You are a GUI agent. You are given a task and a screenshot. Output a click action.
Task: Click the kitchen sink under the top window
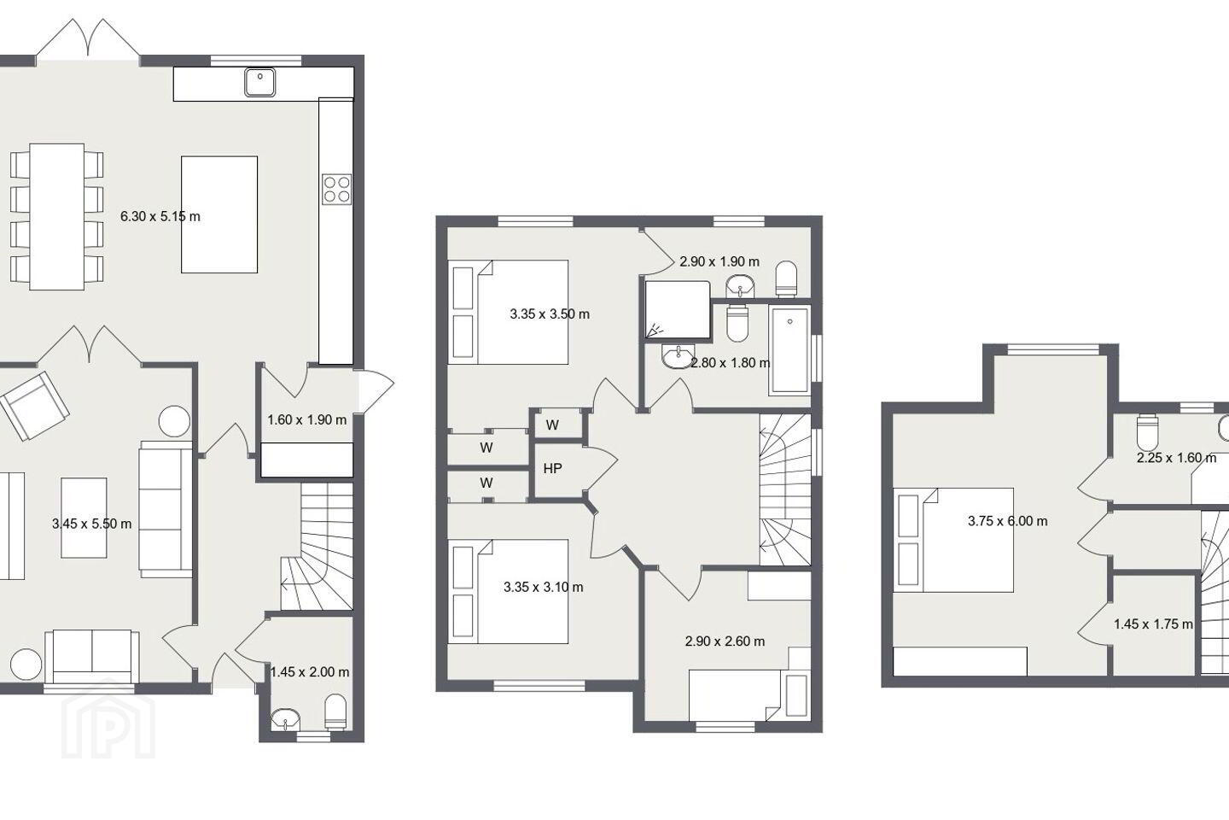(x=260, y=82)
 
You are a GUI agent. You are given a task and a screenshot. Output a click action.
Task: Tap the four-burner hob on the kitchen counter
(x=336, y=189)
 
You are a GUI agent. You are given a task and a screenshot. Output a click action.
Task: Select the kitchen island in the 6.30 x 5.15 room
(x=219, y=214)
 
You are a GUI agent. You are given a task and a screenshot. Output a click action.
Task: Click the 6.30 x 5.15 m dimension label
(x=160, y=216)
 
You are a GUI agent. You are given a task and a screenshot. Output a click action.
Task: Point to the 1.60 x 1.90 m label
(x=306, y=420)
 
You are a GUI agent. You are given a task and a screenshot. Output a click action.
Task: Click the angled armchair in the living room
(x=34, y=406)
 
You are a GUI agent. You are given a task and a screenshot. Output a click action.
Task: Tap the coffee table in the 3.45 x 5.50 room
(x=84, y=518)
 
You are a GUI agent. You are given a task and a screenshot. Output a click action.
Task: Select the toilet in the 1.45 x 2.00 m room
(x=335, y=712)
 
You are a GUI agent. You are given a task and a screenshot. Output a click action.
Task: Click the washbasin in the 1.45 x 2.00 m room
(x=285, y=718)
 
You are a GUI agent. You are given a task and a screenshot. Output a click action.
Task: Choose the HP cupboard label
(x=552, y=468)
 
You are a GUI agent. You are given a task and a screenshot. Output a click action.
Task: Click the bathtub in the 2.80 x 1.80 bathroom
(x=789, y=350)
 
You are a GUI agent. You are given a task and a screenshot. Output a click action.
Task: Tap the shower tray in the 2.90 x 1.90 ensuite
(x=678, y=310)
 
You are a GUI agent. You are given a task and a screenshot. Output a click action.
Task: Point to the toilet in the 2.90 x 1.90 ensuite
(x=786, y=279)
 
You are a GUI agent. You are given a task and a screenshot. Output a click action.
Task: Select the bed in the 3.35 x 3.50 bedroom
(x=508, y=312)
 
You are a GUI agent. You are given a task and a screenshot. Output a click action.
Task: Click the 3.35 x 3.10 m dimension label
(x=543, y=587)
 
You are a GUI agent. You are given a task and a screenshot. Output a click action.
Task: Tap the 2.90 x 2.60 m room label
(x=725, y=641)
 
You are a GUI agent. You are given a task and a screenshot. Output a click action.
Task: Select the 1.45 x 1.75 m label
(x=1153, y=624)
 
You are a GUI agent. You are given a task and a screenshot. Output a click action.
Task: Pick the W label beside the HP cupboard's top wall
(x=552, y=425)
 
